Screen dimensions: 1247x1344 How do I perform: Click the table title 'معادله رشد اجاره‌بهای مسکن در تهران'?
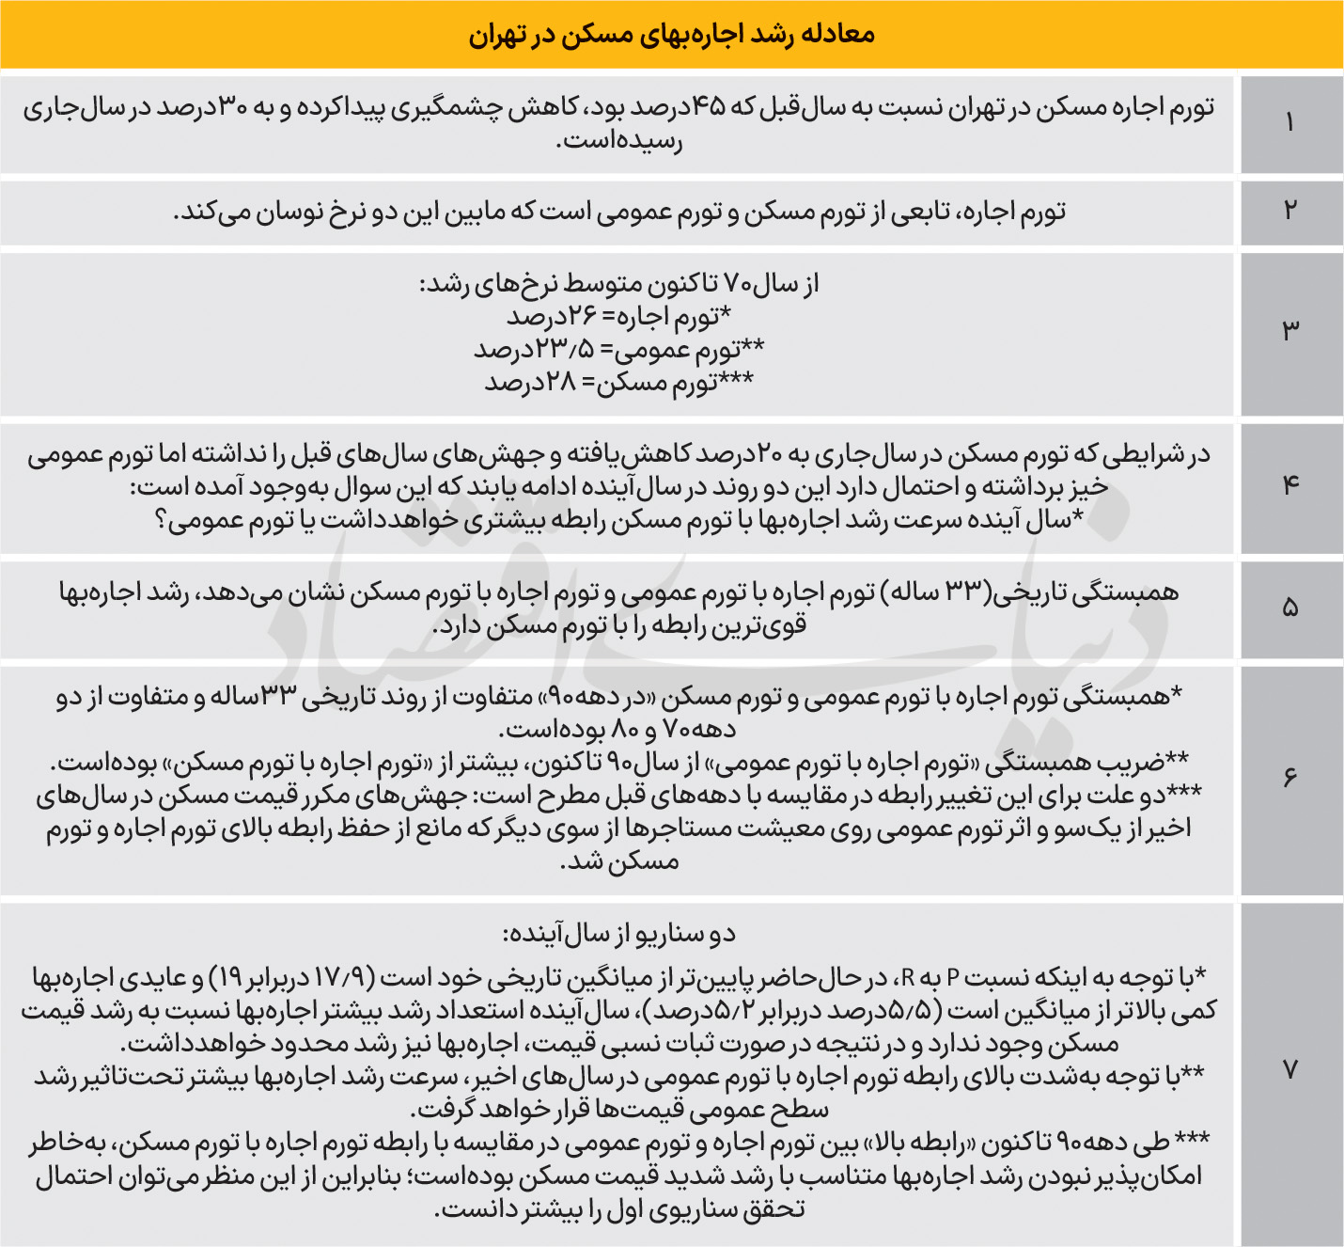[671, 36]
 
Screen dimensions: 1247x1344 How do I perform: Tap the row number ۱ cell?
[1290, 123]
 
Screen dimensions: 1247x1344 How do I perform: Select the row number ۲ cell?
[1290, 210]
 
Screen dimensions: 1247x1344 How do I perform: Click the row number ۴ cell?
[1290, 486]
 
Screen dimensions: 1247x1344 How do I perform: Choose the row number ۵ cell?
[1290, 608]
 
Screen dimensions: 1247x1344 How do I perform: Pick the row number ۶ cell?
[1290, 779]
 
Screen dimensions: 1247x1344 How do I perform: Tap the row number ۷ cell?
[1290, 1070]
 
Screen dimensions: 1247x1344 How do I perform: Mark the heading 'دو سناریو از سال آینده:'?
[619, 935]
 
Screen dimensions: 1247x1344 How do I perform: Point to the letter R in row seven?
[909, 979]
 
